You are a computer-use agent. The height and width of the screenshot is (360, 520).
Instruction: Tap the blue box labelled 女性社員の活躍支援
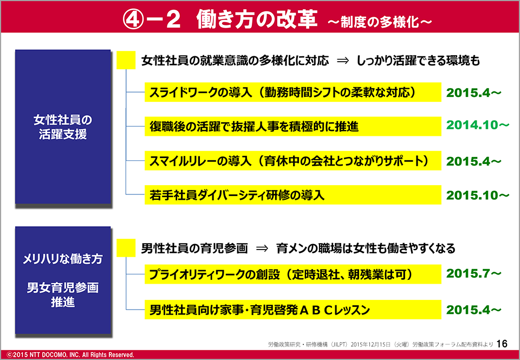click(x=63, y=127)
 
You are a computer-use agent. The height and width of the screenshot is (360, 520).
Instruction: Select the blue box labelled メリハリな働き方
click(x=63, y=280)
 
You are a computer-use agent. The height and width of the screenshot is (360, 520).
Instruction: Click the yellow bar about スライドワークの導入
click(x=293, y=92)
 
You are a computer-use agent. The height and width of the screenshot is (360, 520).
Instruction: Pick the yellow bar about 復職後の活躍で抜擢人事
click(x=293, y=126)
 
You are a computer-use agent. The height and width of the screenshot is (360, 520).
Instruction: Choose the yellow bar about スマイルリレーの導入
click(x=293, y=161)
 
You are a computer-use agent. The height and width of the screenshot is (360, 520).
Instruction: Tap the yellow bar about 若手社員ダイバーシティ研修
click(x=293, y=195)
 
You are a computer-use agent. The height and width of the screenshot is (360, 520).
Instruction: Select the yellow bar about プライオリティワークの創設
click(x=293, y=274)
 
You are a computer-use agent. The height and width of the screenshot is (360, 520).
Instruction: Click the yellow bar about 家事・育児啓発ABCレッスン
click(x=293, y=310)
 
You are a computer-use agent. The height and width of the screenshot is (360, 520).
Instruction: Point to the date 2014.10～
click(x=478, y=125)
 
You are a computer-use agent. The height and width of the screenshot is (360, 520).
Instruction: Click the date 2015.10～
click(x=478, y=195)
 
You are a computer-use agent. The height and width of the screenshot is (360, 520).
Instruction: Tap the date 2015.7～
click(x=473, y=273)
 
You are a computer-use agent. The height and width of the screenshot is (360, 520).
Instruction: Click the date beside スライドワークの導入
click(x=473, y=93)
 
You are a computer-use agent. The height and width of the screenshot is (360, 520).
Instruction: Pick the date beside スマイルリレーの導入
click(x=473, y=161)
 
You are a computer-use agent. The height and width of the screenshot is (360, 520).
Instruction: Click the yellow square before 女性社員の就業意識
click(x=126, y=60)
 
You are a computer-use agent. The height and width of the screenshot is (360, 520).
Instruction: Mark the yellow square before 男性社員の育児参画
click(x=126, y=248)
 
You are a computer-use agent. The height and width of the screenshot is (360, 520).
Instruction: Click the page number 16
click(x=502, y=344)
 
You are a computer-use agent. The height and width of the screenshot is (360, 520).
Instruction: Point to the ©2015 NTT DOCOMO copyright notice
click(x=70, y=355)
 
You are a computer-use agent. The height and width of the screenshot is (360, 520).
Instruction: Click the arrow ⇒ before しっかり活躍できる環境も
click(x=343, y=61)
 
